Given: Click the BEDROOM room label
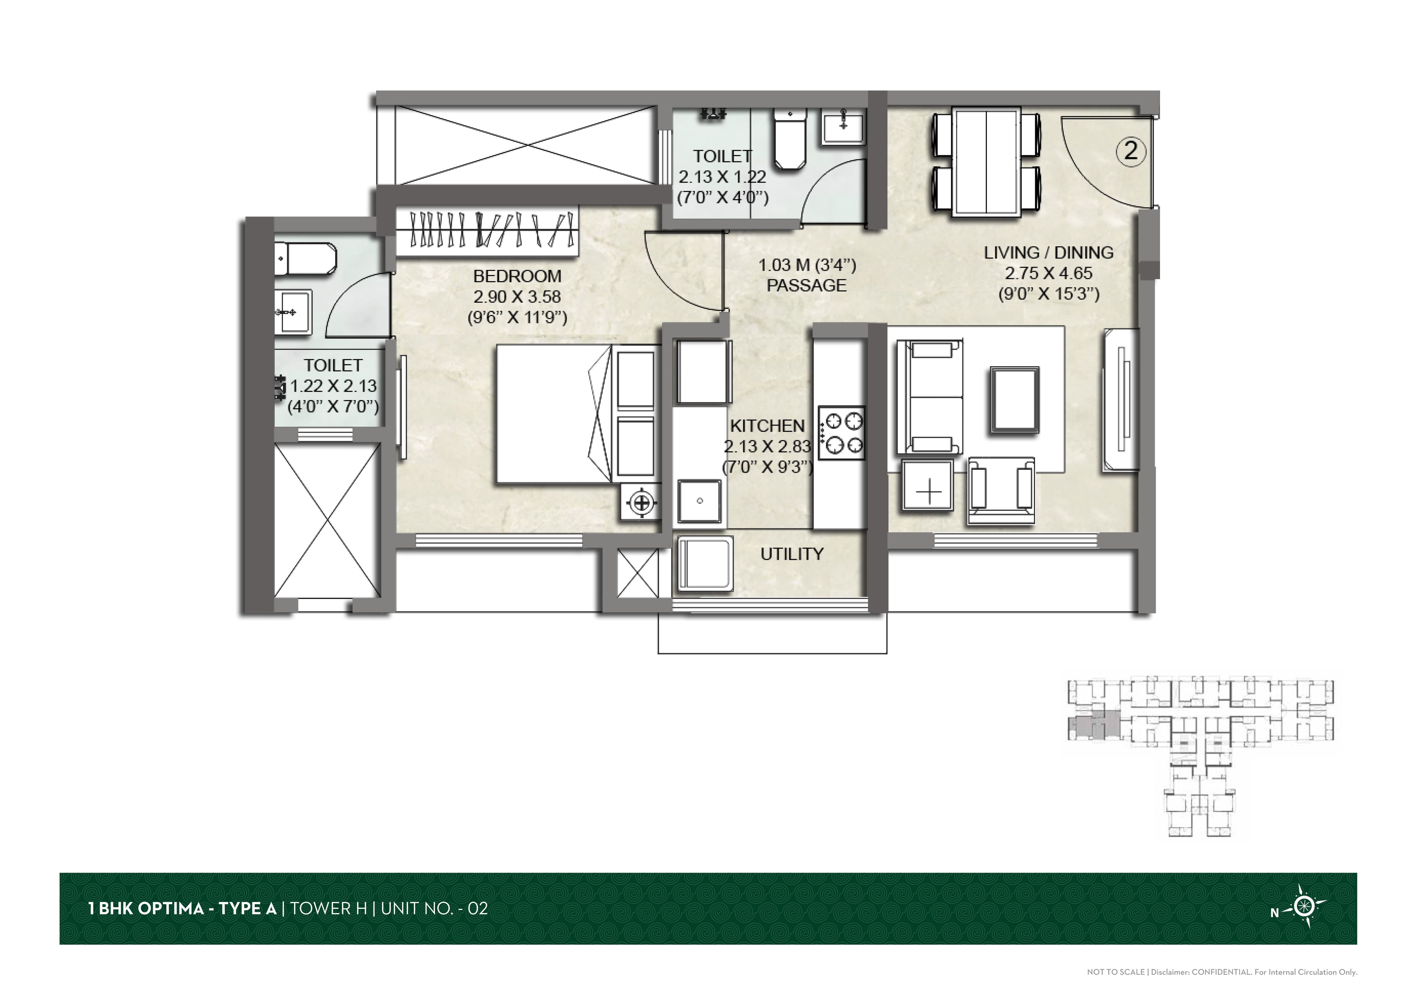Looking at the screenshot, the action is [517, 276].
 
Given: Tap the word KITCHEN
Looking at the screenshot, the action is [767, 426].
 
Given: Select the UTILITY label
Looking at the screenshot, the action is [792, 554].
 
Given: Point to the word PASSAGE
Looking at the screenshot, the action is [807, 285].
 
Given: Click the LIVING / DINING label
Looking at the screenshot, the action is [1048, 253].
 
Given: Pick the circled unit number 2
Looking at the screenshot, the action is [1131, 151].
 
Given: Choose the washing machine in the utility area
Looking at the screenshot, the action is [706, 563].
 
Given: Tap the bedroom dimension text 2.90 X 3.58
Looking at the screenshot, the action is [517, 297].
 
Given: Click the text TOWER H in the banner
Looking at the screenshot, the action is [329, 909].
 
